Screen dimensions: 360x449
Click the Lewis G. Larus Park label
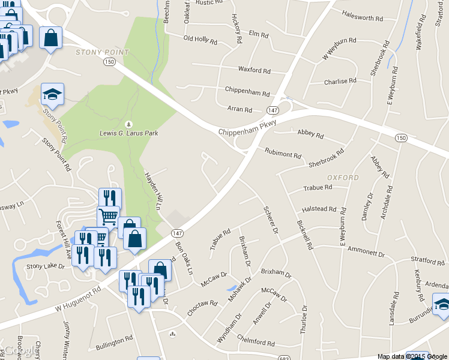coord(128,133)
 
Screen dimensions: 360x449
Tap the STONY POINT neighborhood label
coord(102,53)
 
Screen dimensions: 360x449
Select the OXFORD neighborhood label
coord(343,178)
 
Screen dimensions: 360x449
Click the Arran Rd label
coord(240,110)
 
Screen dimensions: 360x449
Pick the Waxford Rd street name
coord(254,70)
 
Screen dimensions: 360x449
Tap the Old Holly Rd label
coord(200,39)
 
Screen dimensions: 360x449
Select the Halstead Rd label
coord(319,209)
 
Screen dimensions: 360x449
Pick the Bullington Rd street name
coord(114,342)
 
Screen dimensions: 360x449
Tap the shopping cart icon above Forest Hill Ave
coord(108,216)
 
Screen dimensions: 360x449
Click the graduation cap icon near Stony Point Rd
coord(52,94)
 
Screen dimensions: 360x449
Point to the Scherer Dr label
coord(271,221)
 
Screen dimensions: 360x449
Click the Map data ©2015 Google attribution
coord(412,356)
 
